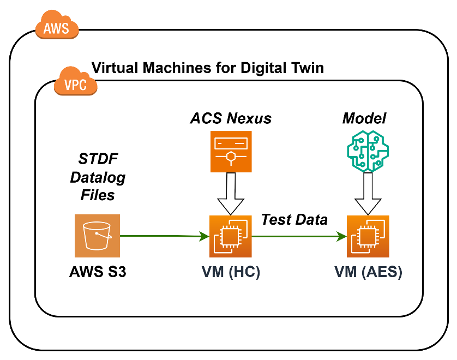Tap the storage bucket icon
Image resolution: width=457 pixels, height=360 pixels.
[x=97, y=236]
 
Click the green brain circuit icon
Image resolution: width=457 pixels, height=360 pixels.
[x=368, y=151]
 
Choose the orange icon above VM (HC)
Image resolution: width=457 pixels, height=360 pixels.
[x=231, y=152]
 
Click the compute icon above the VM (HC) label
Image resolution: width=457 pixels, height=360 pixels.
[x=231, y=236]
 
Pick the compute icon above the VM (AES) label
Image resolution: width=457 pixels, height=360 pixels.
[x=368, y=236]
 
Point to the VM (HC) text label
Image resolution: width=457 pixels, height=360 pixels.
[x=231, y=272]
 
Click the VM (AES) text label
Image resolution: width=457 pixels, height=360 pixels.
[x=368, y=272]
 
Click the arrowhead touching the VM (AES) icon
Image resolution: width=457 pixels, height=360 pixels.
[x=342, y=236]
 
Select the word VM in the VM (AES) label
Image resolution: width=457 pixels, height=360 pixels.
[x=346, y=272]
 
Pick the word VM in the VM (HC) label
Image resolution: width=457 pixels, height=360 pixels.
[x=213, y=272]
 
